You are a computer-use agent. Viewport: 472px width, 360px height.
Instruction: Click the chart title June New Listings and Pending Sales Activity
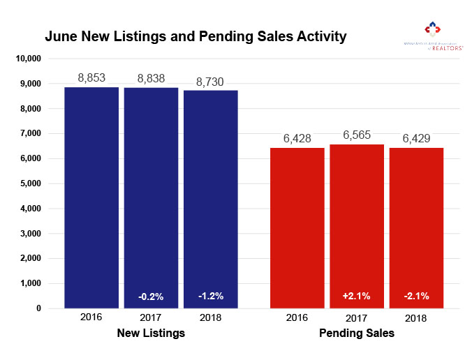coord(196,36)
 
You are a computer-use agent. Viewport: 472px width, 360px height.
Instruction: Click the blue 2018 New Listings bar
coord(211,199)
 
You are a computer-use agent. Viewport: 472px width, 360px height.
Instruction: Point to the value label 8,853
coord(91,78)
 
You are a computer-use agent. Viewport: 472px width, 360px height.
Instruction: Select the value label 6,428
coord(297,139)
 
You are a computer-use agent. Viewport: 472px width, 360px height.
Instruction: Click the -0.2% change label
coord(151,297)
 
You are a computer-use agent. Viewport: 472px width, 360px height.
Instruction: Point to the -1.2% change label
coord(211,297)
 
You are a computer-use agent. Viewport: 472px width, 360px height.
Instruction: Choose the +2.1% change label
coord(357,297)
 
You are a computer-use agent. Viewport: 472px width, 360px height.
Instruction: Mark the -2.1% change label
coord(416,297)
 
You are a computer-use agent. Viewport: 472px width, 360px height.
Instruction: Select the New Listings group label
coord(151,333)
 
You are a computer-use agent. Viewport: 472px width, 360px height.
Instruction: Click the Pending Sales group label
coord(357,333)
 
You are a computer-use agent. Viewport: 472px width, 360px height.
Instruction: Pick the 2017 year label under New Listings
coord(151,317)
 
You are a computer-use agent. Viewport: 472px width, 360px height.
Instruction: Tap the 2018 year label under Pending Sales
coord(416,317)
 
